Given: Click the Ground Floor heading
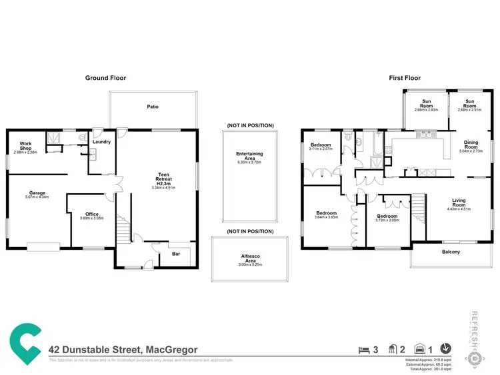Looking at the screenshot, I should tap(105, 78).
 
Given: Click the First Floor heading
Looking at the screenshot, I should tap(405, 78).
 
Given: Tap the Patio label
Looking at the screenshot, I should tap(153, 107).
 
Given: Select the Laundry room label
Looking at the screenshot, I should tap(101, 141).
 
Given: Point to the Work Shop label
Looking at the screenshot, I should tap(27, 146).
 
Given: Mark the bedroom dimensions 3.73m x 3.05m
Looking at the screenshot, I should tap(387, 220).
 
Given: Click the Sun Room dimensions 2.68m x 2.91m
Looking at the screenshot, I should tap(471, 109).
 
